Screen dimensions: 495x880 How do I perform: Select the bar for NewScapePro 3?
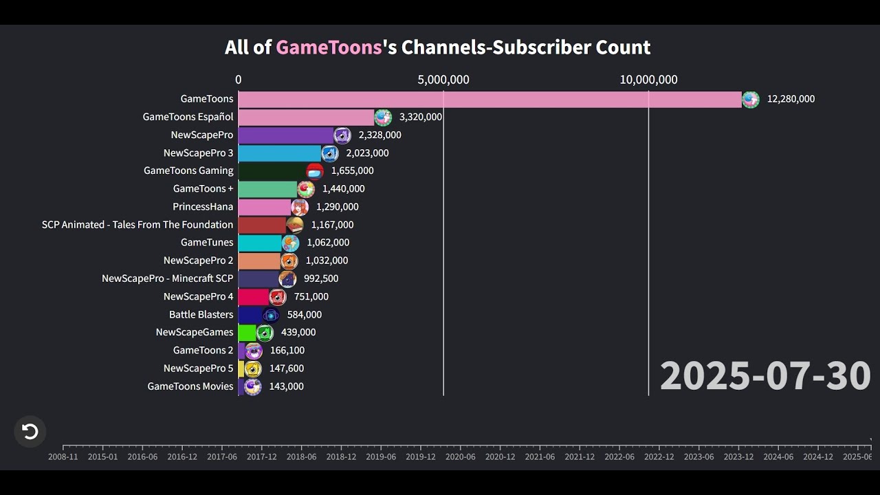pyautogui.click(x=279, y=153)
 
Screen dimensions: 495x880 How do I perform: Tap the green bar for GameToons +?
pyautogui.click(x=267, y=189)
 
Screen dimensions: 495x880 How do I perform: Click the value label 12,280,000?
pyautogui.click(x=791, y=99)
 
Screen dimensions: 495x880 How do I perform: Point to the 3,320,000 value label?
pyautogui.click(x=420, y=117)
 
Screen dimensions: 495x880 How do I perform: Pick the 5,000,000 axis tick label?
pyautogui.click(x=443, y=80)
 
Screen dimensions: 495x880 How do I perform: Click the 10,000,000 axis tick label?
pyautogui.click(x=648, y=80)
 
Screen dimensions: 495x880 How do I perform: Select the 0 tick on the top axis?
pyautogui.click(x=239, y=80)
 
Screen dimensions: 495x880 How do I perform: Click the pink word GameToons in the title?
pyautogui.click(x=329, y=47)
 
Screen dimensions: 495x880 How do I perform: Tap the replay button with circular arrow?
pyautogui.click(x=30, y=432)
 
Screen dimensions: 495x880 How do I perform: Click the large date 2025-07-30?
pyautogui.click(x=765, y=376)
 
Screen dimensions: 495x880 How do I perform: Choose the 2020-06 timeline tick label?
pyautogui.click(x=460, y=456)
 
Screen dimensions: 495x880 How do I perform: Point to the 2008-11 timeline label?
pyautogui.click(x=63, y=456)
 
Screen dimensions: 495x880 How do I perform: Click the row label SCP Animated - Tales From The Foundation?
pyautogui.click(x=137, y=225)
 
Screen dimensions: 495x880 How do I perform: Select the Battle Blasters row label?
pyautogui.click(x=201, y=315)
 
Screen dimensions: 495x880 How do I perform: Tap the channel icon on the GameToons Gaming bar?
pyautogui.click(x=315, y=171)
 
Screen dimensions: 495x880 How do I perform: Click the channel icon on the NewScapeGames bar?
pyautogui.click(x=265, y=333)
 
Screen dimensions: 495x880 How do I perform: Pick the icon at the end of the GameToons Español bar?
pyautogui.click(x=383, y=118)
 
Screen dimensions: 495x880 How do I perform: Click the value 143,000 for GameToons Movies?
pyautogui.click(x=286, y=386)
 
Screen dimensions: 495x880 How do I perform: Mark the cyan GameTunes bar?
pyautogui.click(x=260, y=243)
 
